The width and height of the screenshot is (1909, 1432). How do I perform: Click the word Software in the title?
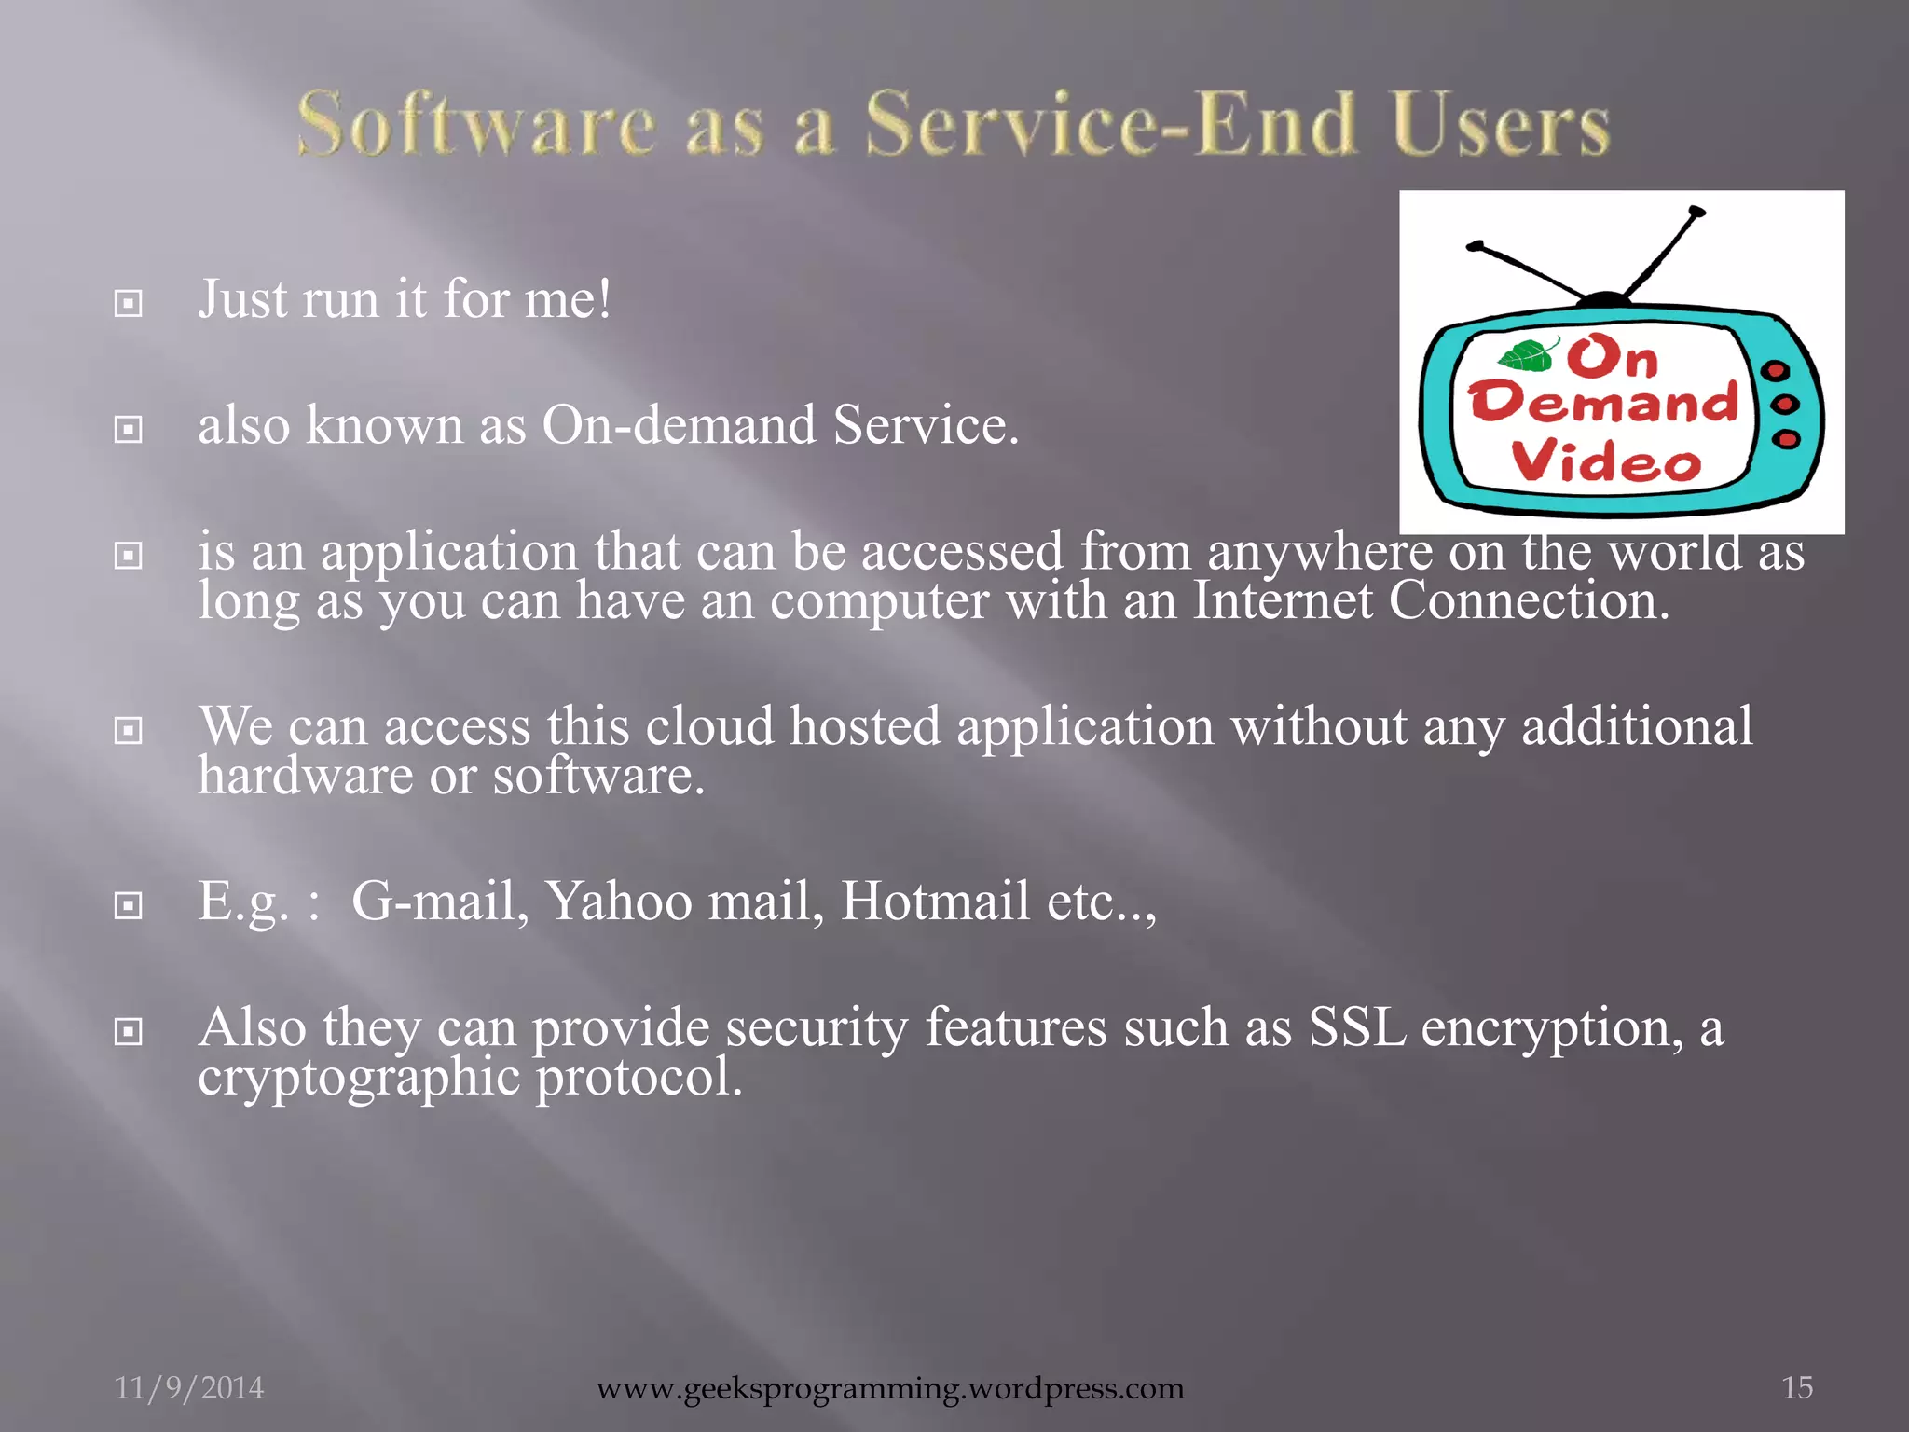click(x=476, y=125)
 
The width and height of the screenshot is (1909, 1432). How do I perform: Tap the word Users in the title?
click(x=1500, y=125)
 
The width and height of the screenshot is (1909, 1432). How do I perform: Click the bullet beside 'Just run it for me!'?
click(x=129, y=303)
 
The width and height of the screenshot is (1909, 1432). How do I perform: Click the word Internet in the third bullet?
click(x=1283, y=600)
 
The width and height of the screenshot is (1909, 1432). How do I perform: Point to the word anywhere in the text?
click(x=1320, y=552)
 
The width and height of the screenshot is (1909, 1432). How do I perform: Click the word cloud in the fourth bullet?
click(x=709, y=726)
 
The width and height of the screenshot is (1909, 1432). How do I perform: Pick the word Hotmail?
click(x=935, y=902)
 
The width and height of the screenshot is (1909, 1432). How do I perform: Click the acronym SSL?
click(x=1356, y=1027)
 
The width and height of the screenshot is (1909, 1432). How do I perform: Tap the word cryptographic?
click(x=359, y=1078)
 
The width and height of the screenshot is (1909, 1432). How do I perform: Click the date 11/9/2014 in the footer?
click(x=189, y=1387)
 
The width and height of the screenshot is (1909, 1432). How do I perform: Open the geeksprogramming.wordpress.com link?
click(x=890, y=1388)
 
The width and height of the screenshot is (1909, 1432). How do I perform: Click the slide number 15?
click(x=1797, y=1387)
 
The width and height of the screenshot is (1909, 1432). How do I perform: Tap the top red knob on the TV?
click(x=1777, y=371)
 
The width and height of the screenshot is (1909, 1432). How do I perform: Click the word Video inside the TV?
click(x=1605, y=461)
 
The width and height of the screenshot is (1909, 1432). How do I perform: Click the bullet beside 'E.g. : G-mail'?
click(x=129, y=905)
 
